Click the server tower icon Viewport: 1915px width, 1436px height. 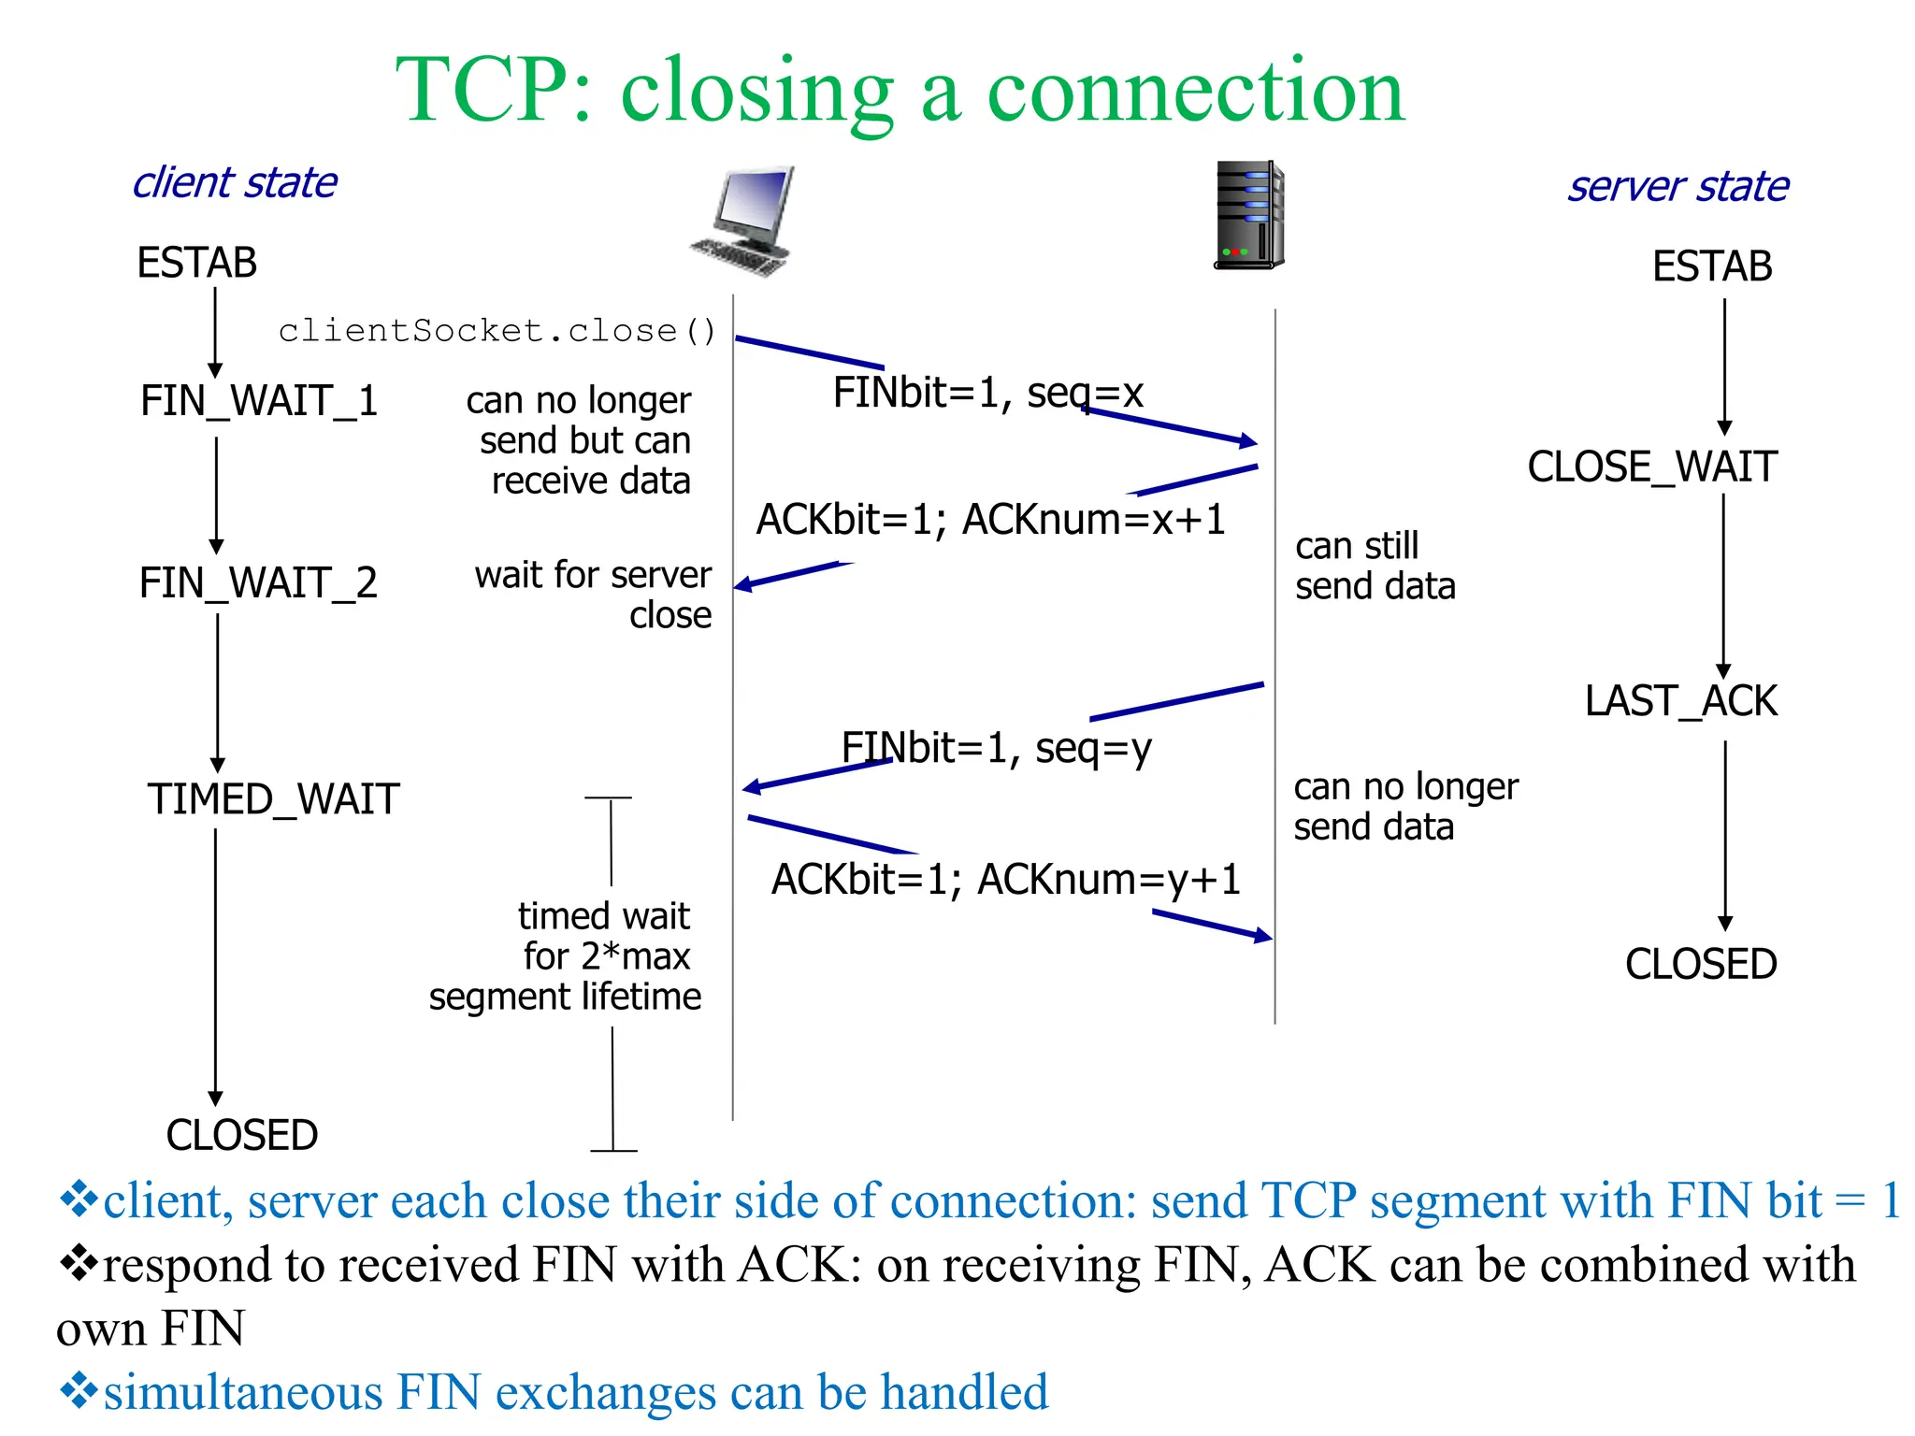pos(1249,215)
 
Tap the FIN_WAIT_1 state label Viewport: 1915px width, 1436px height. pos(259,401)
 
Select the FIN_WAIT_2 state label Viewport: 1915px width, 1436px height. pos(258,583)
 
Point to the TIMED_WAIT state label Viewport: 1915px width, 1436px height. pos(273,800)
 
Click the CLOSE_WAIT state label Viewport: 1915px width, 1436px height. pos(1652,467)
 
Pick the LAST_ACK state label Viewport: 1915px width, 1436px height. pos(1680,701)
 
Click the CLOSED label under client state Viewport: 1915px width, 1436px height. pos(242,1135)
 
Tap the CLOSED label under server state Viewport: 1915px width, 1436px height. pos(1701,964)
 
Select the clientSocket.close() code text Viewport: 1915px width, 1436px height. pos(497,331)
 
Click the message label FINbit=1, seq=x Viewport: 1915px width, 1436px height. pos(988,393)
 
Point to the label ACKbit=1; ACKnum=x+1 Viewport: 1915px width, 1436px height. pos(991,520)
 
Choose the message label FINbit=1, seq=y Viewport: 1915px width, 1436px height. pos(997,748)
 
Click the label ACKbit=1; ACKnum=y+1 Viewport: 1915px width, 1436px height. pos(1005,880)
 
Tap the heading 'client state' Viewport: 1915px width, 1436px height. pos(235,182)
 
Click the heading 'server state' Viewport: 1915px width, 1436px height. pos(1678,186)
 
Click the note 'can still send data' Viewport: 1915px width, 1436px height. pos(1375,566)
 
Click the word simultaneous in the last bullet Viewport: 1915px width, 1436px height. pos(243,1392)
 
